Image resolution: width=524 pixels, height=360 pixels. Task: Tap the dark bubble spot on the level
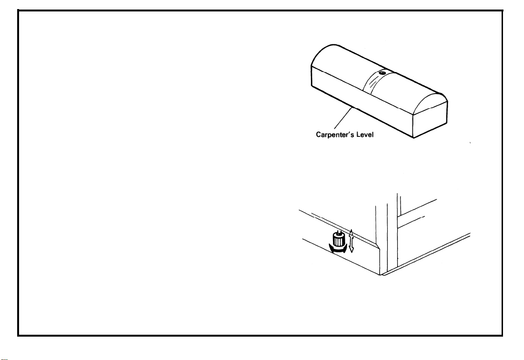382,73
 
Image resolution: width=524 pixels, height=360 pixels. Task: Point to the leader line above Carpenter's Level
347,120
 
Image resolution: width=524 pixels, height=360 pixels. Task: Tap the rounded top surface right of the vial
415,88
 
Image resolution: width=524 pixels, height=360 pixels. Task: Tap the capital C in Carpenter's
319,135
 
